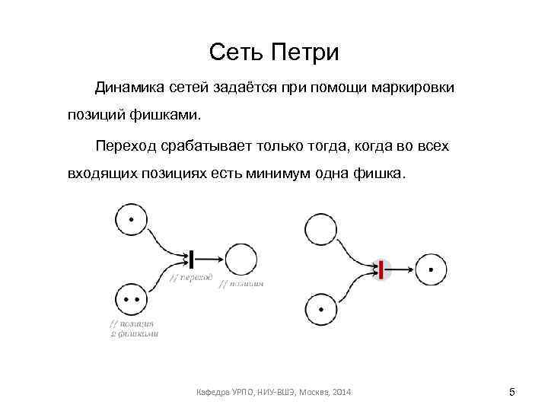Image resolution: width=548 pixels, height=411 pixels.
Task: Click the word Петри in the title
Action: tap(306, 53)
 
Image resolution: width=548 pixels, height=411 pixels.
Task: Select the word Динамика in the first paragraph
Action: tap(130, 88)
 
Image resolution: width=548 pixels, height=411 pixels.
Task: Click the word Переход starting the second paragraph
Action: tap(126, 145)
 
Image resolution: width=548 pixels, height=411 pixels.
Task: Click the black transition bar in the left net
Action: tap(193, 259)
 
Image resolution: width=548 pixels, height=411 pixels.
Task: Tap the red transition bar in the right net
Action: tap(381, 268)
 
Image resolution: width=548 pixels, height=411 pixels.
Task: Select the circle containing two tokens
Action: tap(132, 300)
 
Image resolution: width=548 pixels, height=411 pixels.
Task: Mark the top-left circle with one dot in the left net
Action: tap(132, 220)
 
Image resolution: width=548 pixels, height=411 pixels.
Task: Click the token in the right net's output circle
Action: tap(432, 269)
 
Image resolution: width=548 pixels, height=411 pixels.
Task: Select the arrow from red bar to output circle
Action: tap(400, 268)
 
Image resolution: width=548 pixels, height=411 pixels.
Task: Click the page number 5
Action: tap(512, 392)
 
